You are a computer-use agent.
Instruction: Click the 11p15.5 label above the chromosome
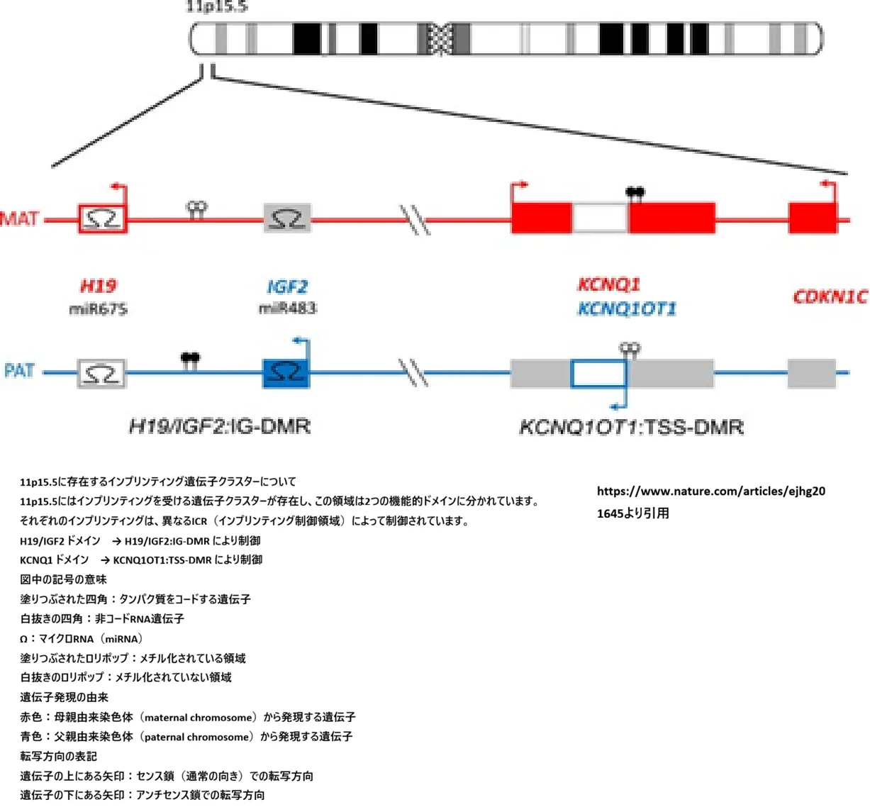[x=216, y=7]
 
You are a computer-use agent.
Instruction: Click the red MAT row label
[x=20, y=218]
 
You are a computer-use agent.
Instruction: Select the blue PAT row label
[x=20, y=371]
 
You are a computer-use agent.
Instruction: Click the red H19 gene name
[x=98, y=286]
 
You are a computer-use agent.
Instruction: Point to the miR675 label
[x=98, y=309]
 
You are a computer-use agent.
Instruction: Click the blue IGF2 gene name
[x=287, y=287]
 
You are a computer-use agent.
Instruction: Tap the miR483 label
[x=287, y=308]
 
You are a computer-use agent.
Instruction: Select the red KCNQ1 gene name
[x=608, y=285]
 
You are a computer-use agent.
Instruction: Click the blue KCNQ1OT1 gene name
[x=627, y=309]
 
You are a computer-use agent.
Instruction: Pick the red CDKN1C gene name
[x=830, y=296]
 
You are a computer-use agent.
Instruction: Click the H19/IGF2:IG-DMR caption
[x=220, y=426]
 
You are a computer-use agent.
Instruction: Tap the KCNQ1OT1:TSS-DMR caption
[x=631, y=428]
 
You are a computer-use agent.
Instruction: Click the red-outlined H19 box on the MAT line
[x=103, y=219]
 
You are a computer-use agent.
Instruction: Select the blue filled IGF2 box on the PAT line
[x=286, y=372]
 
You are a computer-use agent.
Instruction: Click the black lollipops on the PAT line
[x=190, y=358]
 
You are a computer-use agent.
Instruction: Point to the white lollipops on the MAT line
[x=196, y=208]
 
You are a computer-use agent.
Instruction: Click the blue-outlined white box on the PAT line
[x=598, y=374]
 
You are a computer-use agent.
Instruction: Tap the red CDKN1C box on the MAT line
[x=813, y=218]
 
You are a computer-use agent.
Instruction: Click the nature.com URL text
[x=710, y=491]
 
